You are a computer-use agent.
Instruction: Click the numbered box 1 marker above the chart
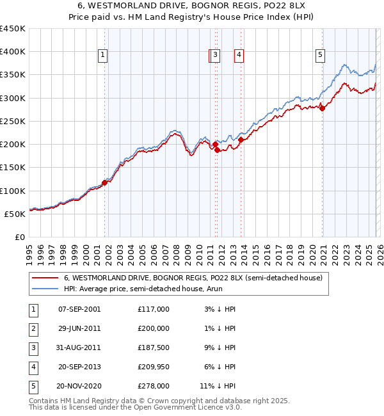click(x=102, y=56)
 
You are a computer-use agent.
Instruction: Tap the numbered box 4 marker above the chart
click(x=239, y=56)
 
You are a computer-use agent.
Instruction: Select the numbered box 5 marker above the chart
click(x=319, y=56)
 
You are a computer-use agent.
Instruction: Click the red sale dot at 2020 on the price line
click(x=322, y=108)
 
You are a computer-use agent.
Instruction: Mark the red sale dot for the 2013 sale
click(x=241, y=140)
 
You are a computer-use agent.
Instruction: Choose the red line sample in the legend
click(x=45, y=278)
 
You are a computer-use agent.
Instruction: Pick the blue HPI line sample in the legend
click(x=45, y=289)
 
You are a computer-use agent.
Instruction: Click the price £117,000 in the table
click(x=154, y=309)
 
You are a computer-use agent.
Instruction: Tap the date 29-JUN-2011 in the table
click(x=79, y=328)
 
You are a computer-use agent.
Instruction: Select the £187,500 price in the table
click(x=154, y=348)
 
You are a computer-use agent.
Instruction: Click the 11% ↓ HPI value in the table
click(x=218, y=386)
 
